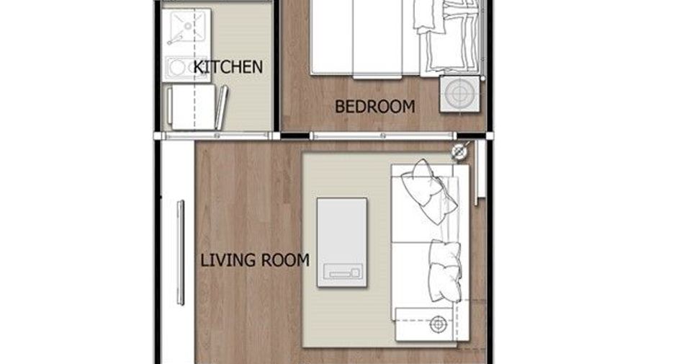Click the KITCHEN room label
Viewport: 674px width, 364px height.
[228, 67]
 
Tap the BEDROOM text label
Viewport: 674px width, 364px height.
[375, 107]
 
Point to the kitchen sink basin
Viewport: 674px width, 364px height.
[187, 27]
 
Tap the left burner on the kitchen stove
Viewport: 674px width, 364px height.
[176, 67]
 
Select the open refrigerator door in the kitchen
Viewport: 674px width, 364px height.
[221, 107]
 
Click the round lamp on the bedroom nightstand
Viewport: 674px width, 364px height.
[459, 94]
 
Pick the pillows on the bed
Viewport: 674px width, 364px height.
[447, 35]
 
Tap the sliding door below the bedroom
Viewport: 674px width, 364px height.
[382, 136]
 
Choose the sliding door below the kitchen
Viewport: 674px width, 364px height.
[217, 136]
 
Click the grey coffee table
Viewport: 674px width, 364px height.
[342, 242]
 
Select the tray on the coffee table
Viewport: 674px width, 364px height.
[343, 272]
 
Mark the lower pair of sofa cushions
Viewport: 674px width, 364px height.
[445, 270]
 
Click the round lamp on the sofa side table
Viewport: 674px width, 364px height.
[438, 324]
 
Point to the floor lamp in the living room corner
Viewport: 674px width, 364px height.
[459, 151]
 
